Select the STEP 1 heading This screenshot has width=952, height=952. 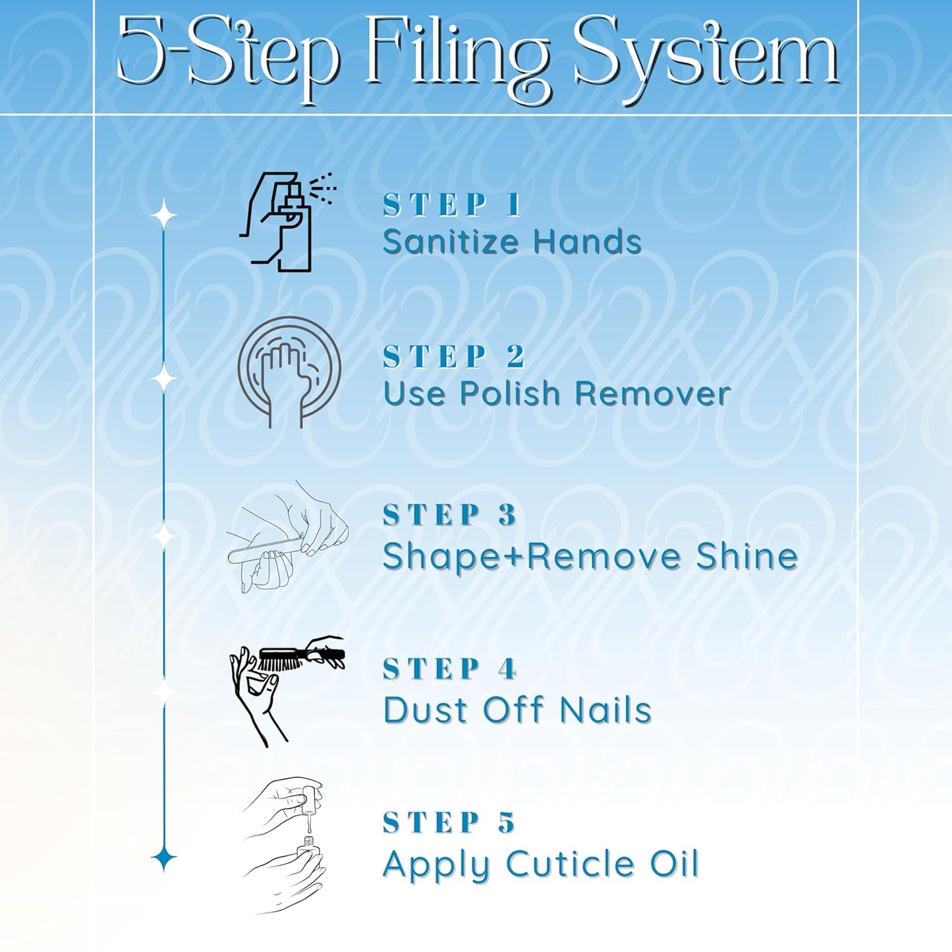coord(451,205)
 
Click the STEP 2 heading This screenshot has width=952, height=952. coord(453,356)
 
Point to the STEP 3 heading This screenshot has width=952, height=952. coord(449,515)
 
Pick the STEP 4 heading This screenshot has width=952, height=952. coord(449,669)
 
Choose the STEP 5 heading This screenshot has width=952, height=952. coord(449,823)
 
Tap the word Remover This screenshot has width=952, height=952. coord(653,393)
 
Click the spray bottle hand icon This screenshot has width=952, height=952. coord(287,222)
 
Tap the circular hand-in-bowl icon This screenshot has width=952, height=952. coord(289,372)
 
